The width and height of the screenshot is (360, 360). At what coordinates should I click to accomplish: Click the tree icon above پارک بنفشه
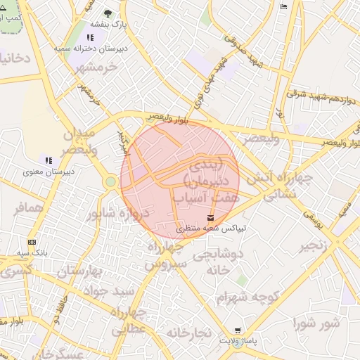tap(108, 13)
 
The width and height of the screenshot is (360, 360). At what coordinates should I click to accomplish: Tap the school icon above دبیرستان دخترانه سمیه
tap(90, 38)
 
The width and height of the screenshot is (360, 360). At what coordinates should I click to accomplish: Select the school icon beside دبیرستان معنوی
tap(48, 160)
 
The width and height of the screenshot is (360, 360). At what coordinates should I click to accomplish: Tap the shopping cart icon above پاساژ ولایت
tap(238, 330)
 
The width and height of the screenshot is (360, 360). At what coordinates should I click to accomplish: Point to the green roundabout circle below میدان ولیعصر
tap(110, 182)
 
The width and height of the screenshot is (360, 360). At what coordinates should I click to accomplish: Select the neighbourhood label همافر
tap(29, 209)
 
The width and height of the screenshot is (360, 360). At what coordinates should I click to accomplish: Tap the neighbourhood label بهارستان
tap(77, 271)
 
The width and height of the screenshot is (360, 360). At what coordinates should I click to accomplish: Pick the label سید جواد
tap(104, 290)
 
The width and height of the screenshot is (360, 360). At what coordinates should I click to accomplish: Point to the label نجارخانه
tap(190, 333)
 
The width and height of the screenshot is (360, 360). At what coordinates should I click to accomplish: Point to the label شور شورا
tap(316, 323)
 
